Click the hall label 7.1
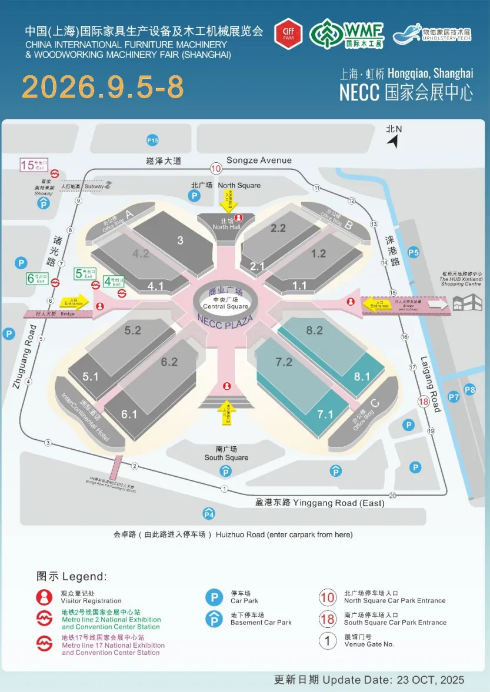(325, 414)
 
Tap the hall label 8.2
(314, 330)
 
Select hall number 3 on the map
(180, 240)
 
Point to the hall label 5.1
(91, 377)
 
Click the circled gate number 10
(216, 169)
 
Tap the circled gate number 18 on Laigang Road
(424, 402)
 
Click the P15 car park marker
(152, 140)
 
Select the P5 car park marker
(414, 252)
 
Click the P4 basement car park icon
(208, 513)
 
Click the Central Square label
(226, 306)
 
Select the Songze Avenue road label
(259, 160)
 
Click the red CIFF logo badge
(288, 34)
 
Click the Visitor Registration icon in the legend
(44, 597)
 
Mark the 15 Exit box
(34, 165)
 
